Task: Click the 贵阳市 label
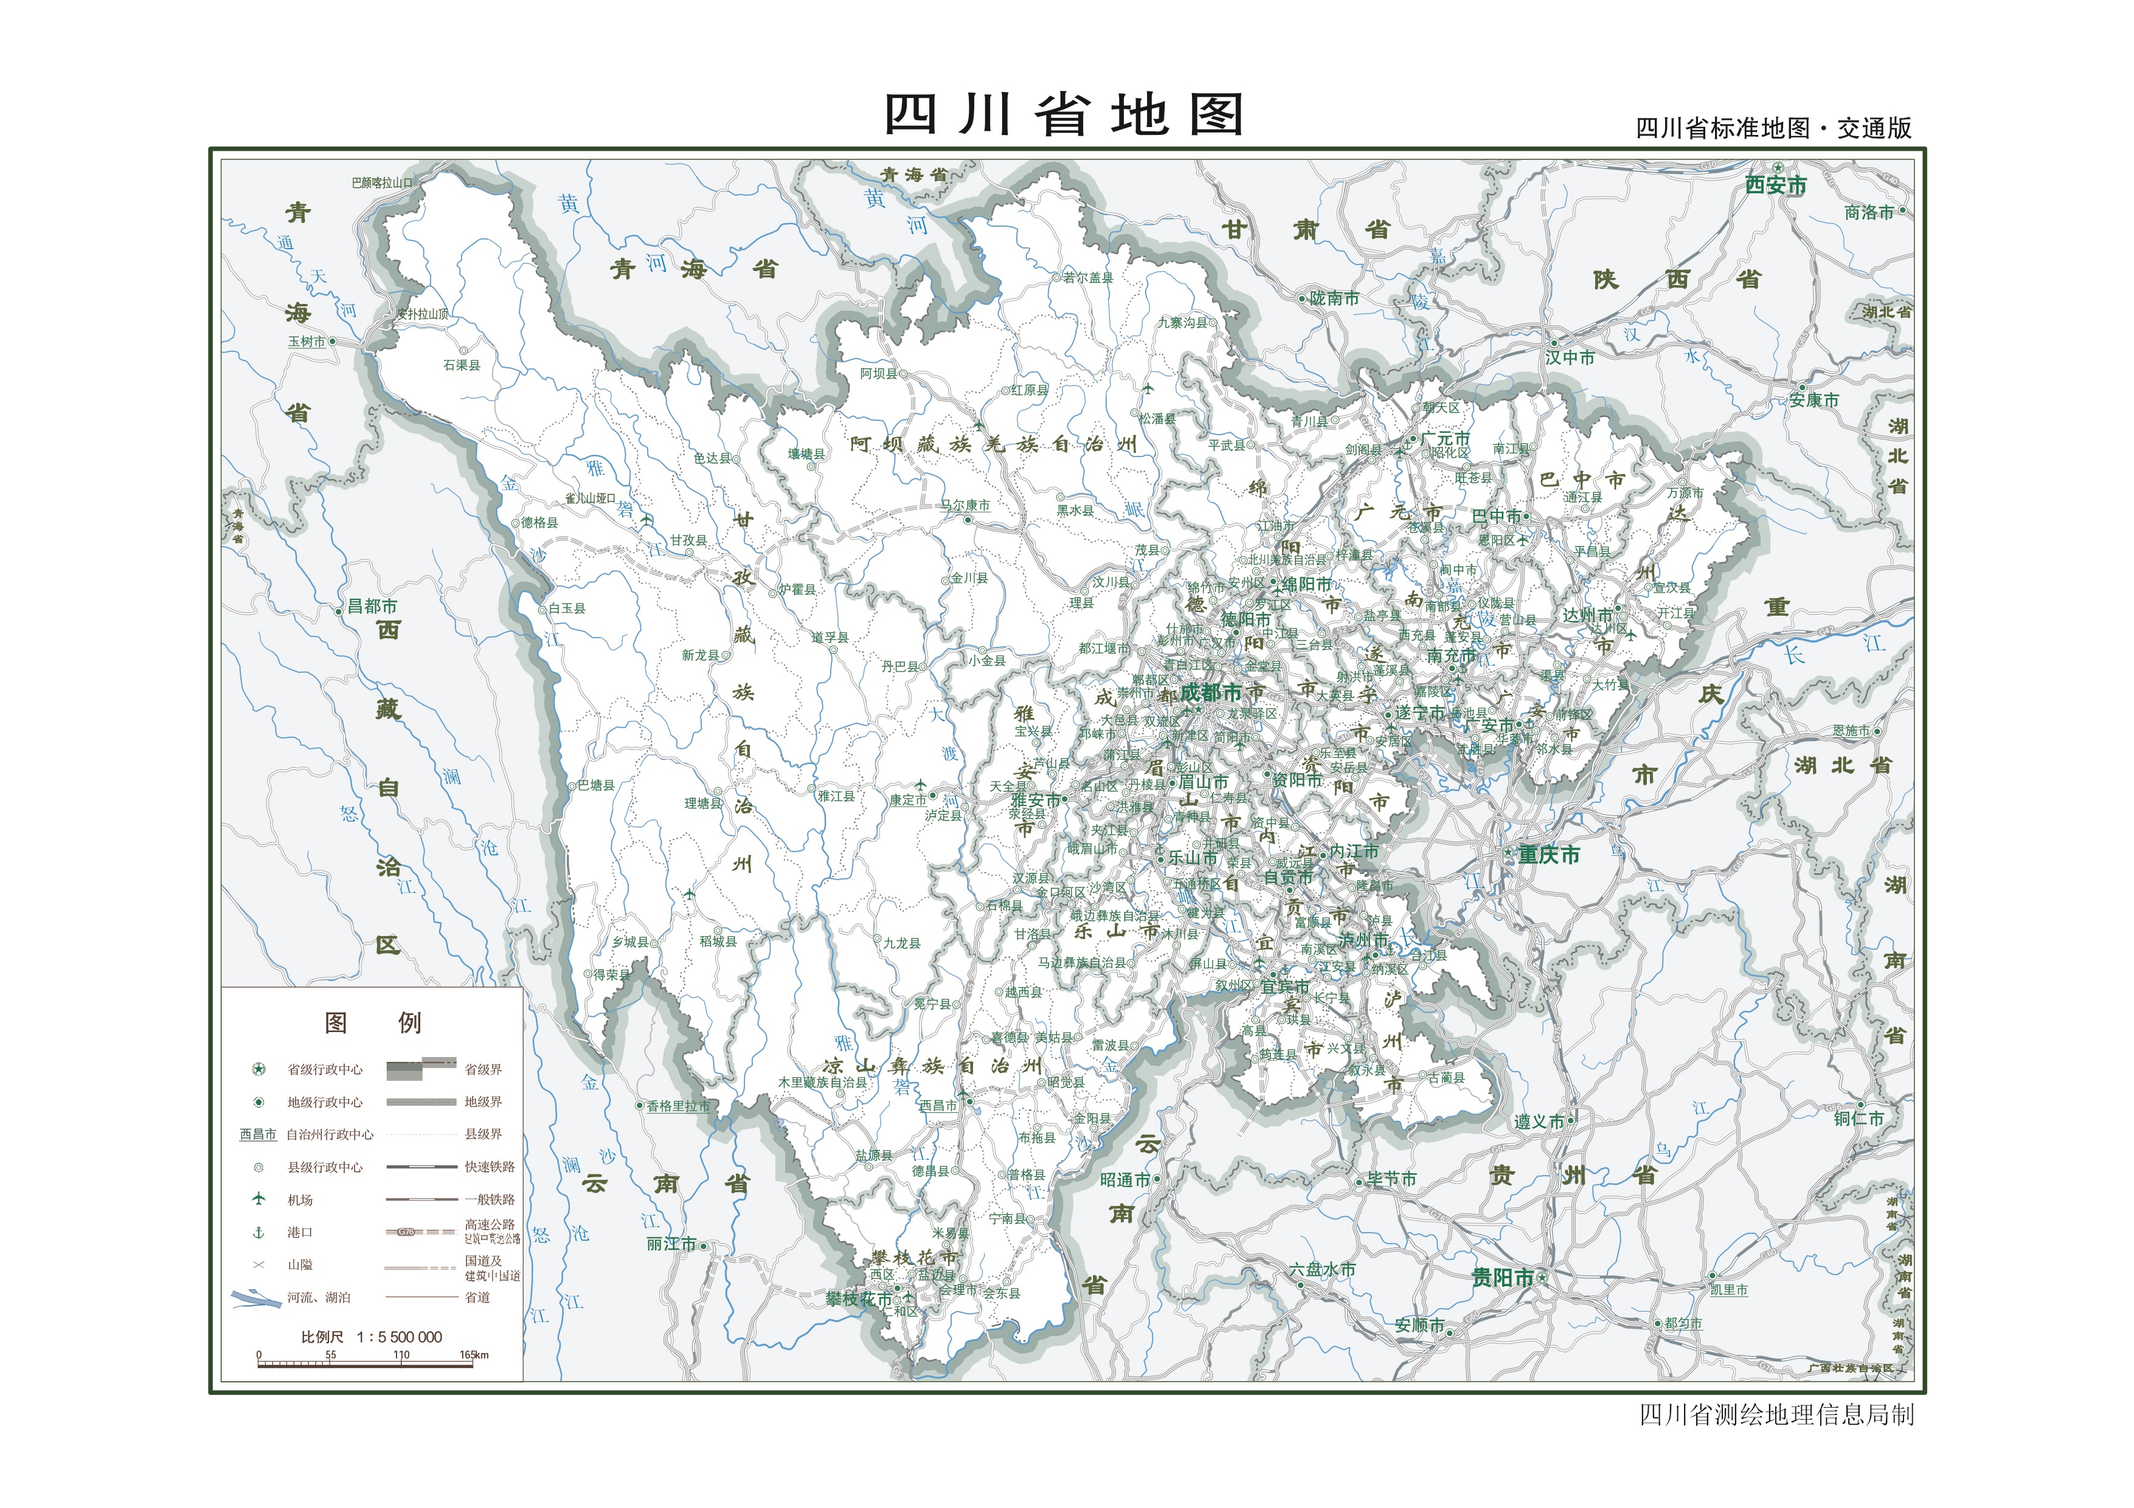point(1502,1278)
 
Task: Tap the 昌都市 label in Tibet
point(372,607)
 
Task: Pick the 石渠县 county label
point(462,365)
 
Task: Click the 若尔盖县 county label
point(1089,277)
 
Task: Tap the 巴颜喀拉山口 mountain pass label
point(382,183)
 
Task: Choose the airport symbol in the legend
point(259,1199)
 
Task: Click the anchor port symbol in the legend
point(259,1232)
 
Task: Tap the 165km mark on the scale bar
point(474,1355)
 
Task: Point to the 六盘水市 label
point(1322,1269)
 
